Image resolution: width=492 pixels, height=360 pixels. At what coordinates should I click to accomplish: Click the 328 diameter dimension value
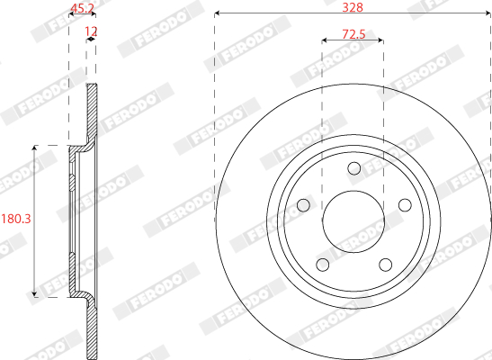coord(353,7)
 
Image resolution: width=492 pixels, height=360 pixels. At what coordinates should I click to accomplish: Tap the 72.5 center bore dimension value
coord(353,34)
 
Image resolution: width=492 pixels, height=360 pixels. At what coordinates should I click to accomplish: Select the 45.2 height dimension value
coord(82,8)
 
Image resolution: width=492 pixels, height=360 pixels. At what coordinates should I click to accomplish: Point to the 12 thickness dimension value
coord(92,31)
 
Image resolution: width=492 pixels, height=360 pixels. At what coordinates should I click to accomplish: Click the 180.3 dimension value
coord(16,219)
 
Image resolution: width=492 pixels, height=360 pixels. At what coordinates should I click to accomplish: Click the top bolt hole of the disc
coord(354,168)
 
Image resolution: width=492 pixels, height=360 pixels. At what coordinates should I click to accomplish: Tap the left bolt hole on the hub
coord(303,205)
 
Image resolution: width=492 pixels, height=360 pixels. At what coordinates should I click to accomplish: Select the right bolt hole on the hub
coord(405,205)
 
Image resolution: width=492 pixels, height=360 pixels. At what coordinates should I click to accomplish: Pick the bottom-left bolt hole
coord(323,265)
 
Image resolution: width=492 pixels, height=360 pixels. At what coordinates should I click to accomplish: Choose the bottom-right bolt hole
coord(385,265)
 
